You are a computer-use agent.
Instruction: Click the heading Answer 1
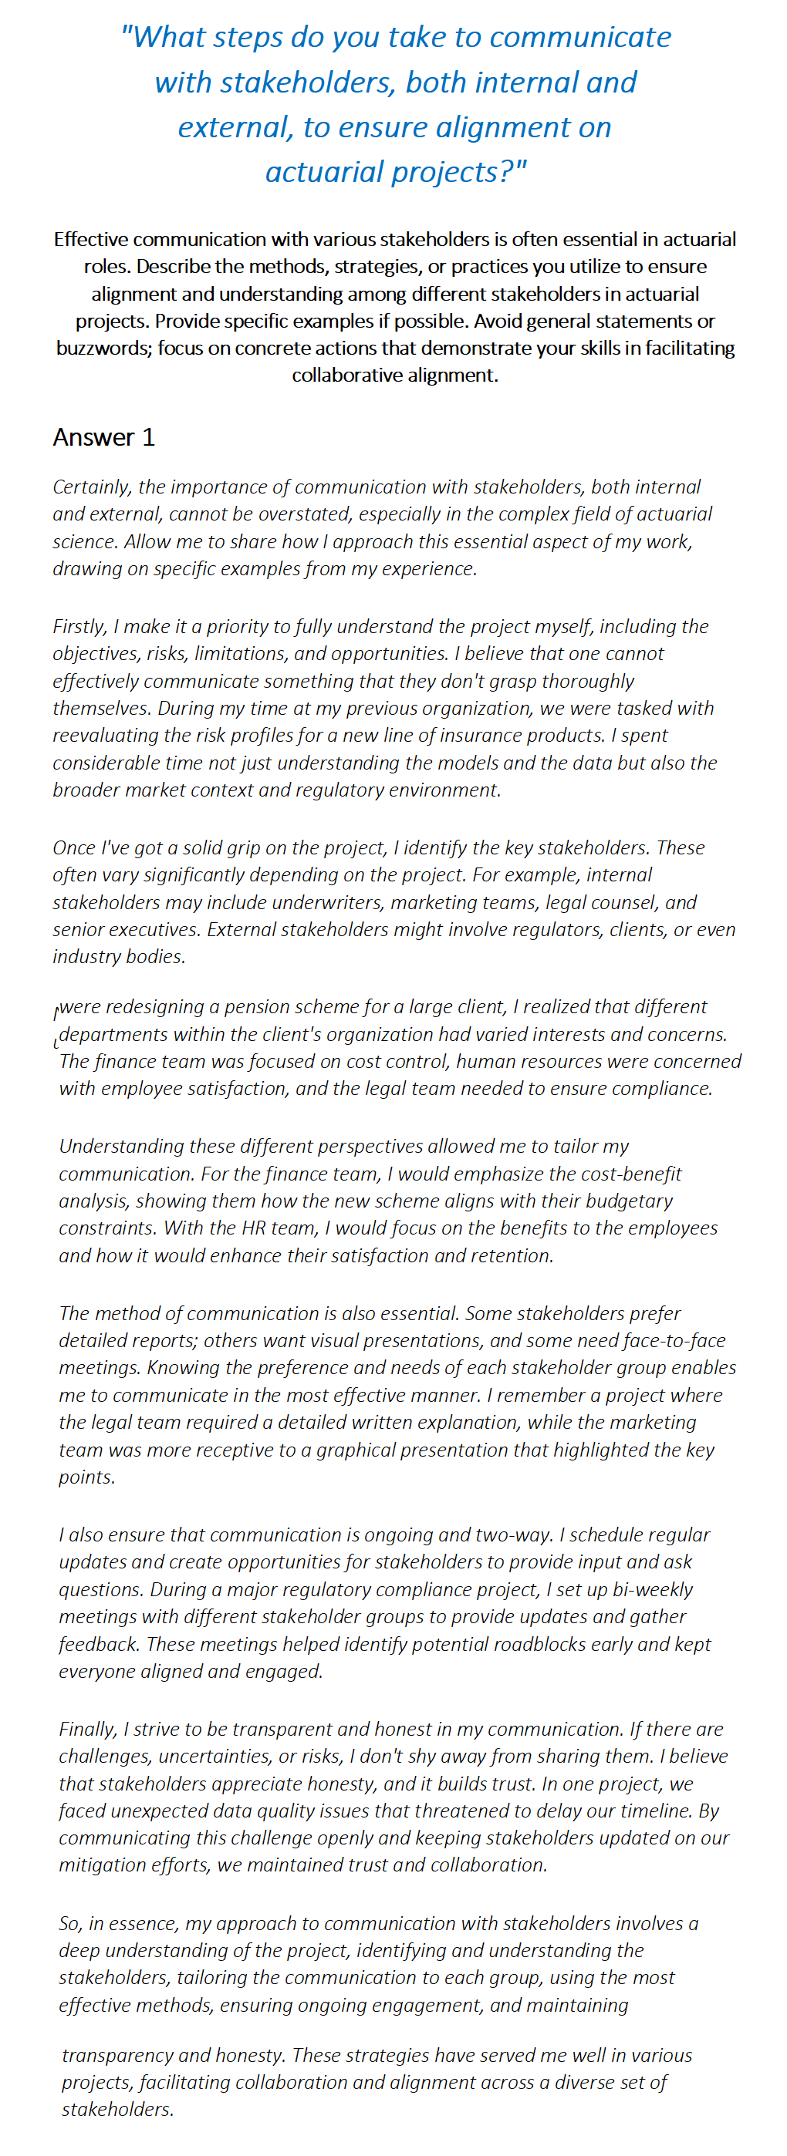click(x=104, y=437)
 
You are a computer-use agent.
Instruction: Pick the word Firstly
click(x=79, y=626)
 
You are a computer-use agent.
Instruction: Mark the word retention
click(x=510, y=1255)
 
